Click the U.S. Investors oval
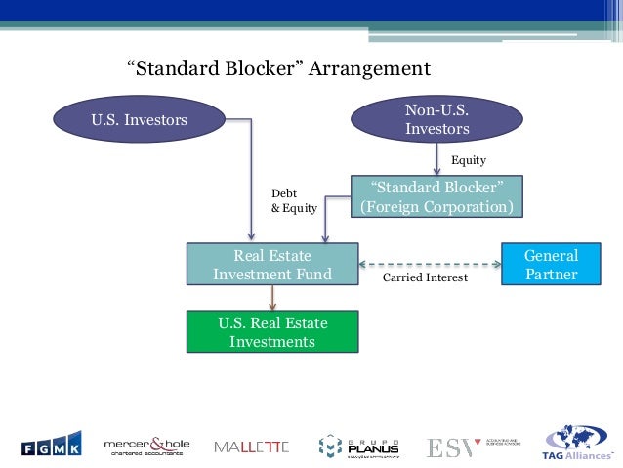pyautogui.click(x=140, y=121)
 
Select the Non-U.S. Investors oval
pyautogui.click(x=436, y=118)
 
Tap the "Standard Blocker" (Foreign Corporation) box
pyautogui.click(x=436, y=197)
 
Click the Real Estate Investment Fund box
pyautogui.click(x=272, y=266)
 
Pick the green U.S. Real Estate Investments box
pyautogui.click(x=272, y=332)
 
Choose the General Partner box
pyautogui.click(x=551, y=265)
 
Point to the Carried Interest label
pyautogui.click(x=425, y=278)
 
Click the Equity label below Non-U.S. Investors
pyautogui.click(x=468, y=160)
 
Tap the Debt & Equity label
pyautogui.click(x=292, y=200)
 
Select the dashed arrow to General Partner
pyautogui.click(x=430, y=264)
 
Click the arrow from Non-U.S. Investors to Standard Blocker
pyautogui.click(x=436, y=156)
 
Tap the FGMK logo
pyautogui.click(x=52, y=445)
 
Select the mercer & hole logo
pyautogui.click(x=146, y=446)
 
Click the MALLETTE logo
pyautogui.click(x=251, y=447)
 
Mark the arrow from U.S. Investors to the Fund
pyautogui.click(x=252, y=186)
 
